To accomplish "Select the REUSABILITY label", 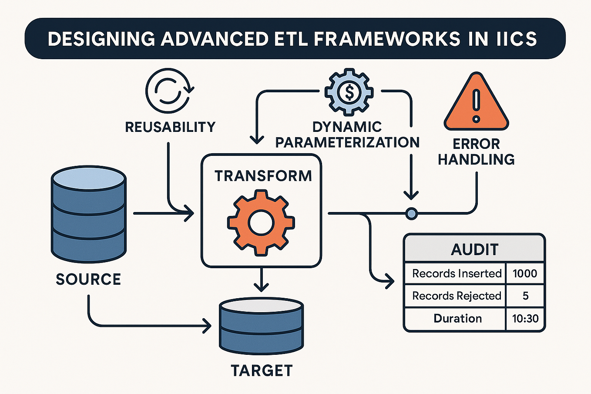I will (x=170, y=127).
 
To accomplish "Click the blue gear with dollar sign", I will (x=349, y=92).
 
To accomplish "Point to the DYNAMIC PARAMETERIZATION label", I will (x=347, y=135).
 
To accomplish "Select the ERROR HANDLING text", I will (x=476, y=152).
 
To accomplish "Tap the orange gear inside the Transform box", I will (x=261, y=222).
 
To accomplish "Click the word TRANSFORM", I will (x=263, y=176).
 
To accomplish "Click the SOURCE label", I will (x=88, y=279).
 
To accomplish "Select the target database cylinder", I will (x=261, y=325).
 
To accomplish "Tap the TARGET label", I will (x=262, y=370).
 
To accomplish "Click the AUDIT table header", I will (x=474, y=249).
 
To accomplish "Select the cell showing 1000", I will (x=525, y=273).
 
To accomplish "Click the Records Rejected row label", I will (x=457, y=296).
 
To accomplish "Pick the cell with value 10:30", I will (x=525, y=319).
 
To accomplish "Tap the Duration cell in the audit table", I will (x=457, y=319).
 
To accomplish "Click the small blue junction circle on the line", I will (x=411, y=213).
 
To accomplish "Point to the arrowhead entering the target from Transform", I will (x=261, y=287).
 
